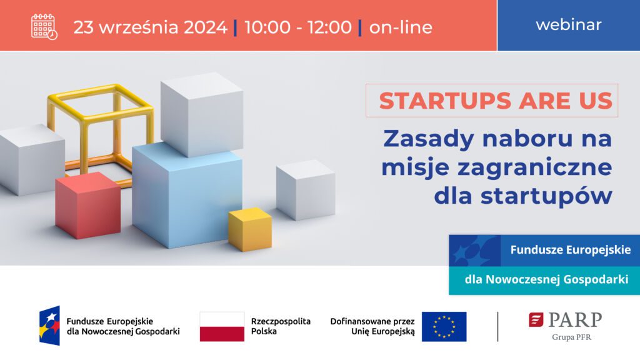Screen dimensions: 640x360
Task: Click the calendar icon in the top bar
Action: (44, 27)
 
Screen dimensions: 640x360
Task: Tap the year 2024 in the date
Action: (205, 27)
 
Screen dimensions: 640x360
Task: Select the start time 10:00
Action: (267, 27)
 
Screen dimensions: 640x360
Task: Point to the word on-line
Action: (401, 27)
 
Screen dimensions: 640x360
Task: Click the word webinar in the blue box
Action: (569, 25)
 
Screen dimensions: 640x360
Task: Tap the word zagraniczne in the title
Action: (535, 167)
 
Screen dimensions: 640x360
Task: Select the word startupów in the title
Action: (546, 196)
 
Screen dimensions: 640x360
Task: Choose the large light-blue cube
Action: (187, 195)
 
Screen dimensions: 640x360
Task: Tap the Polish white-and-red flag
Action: (222, 326)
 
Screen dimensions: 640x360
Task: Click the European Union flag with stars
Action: (444, 326)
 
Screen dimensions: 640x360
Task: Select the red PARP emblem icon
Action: (536, 319)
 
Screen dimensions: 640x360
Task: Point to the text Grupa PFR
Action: (571, 337)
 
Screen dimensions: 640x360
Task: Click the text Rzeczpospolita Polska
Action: (281, 326)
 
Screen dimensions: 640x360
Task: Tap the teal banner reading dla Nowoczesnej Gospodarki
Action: (544, 281)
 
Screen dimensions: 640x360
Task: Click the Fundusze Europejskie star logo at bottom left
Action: (49, 326)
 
